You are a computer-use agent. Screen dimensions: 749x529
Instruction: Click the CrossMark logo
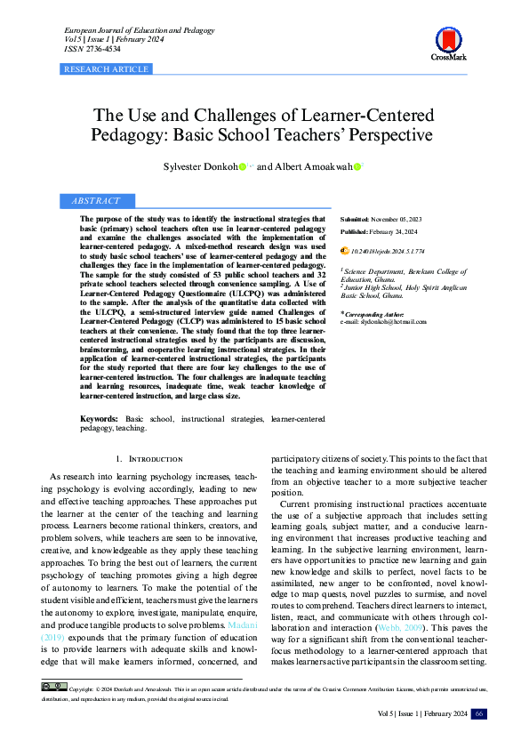click(x=448, y=42)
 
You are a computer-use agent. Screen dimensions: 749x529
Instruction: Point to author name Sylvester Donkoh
click(x=200, y=166)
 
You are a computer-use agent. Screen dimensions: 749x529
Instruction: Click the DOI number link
click(x=388, y=253)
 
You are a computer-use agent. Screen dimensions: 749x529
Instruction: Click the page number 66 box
click(x=478, y=714)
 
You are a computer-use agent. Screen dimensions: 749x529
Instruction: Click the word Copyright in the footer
click(x=80, y=689)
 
